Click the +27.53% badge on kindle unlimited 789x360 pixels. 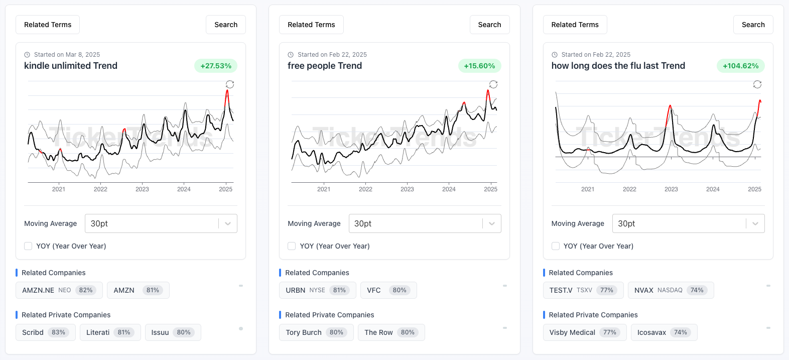[216, 66]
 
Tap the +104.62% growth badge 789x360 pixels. [740, 66]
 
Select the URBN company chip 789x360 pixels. [317, 290]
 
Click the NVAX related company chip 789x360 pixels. [670, 290]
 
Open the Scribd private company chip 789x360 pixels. [45, 332]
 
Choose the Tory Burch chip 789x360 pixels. [316, 332]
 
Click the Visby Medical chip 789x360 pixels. [584, 332]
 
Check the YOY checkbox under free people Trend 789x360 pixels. [292, 246]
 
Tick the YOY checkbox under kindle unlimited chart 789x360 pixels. [28, 246]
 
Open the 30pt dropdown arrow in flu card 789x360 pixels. [755, 223]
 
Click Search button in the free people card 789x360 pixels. [489, 25]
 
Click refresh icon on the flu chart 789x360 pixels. [757, 84]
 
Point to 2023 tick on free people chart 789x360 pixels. [407, 189]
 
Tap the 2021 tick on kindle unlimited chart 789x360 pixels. [59, 189]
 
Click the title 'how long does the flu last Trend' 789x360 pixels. [618, 66]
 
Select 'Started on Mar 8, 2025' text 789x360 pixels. [67, 55]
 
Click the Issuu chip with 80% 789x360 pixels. [173, 332]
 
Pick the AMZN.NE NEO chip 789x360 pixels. [59, 290]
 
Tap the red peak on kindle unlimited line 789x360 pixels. [227, 91]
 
